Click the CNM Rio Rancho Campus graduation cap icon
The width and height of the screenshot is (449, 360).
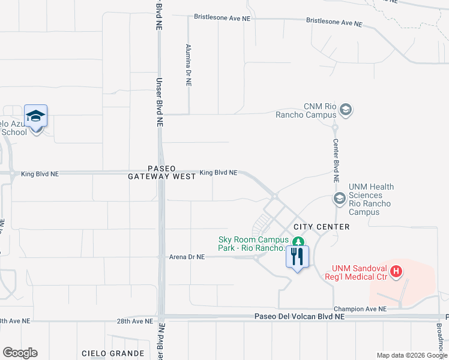pyautogui.click(x=345, y=110)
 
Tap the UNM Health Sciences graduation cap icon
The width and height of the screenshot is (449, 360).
pyautogui.click(x=339, y=198)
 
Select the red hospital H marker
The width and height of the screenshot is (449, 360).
pyautogui.click(x=396, y=272)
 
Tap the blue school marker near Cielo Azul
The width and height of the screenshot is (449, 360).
pyautogui.click(x=35, y=116)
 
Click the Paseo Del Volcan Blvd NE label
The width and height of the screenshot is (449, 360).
pyautogui.click(x=300, y=316)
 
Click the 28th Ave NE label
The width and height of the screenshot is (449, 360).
pyautogui.click(x=135, y=322)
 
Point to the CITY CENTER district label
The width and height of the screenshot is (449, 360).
pyautogui.click(x=321, y=227)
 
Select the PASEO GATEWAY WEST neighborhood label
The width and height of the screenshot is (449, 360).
pyautogui.click(x=162, y=172)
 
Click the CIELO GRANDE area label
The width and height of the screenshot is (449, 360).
pyautogui.click(x=113, y=353)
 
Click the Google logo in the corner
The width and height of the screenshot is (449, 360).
pyautogui.click(x=20, y=353)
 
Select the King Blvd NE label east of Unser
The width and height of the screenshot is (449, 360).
pyautogui.click(x=218, y=172)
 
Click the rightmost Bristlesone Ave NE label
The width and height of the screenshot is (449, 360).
pyautogui.click(x=334, y=23)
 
